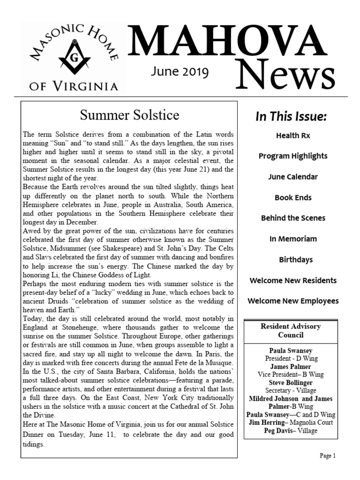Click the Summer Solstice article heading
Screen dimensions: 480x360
click(x=129, y=115)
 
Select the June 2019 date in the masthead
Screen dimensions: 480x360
click(x=180, y=72)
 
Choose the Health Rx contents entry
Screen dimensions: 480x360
click(x=292, y=135)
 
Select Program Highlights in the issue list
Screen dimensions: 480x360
click(x=292, y=156)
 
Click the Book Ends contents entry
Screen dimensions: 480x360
click(x=292, y=197)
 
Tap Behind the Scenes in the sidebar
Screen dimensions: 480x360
click(x=292, y=218)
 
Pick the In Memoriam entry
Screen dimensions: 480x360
click(x=292, y=239)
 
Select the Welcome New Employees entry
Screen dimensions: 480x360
click(x=292, y=301)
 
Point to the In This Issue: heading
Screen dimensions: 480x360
click(x=291, y=116)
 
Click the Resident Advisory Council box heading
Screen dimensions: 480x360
click(x=291, y=330)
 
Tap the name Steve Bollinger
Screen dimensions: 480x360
click(x=291, y=382)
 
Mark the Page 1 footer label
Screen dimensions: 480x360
click(x=327, y=456)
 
